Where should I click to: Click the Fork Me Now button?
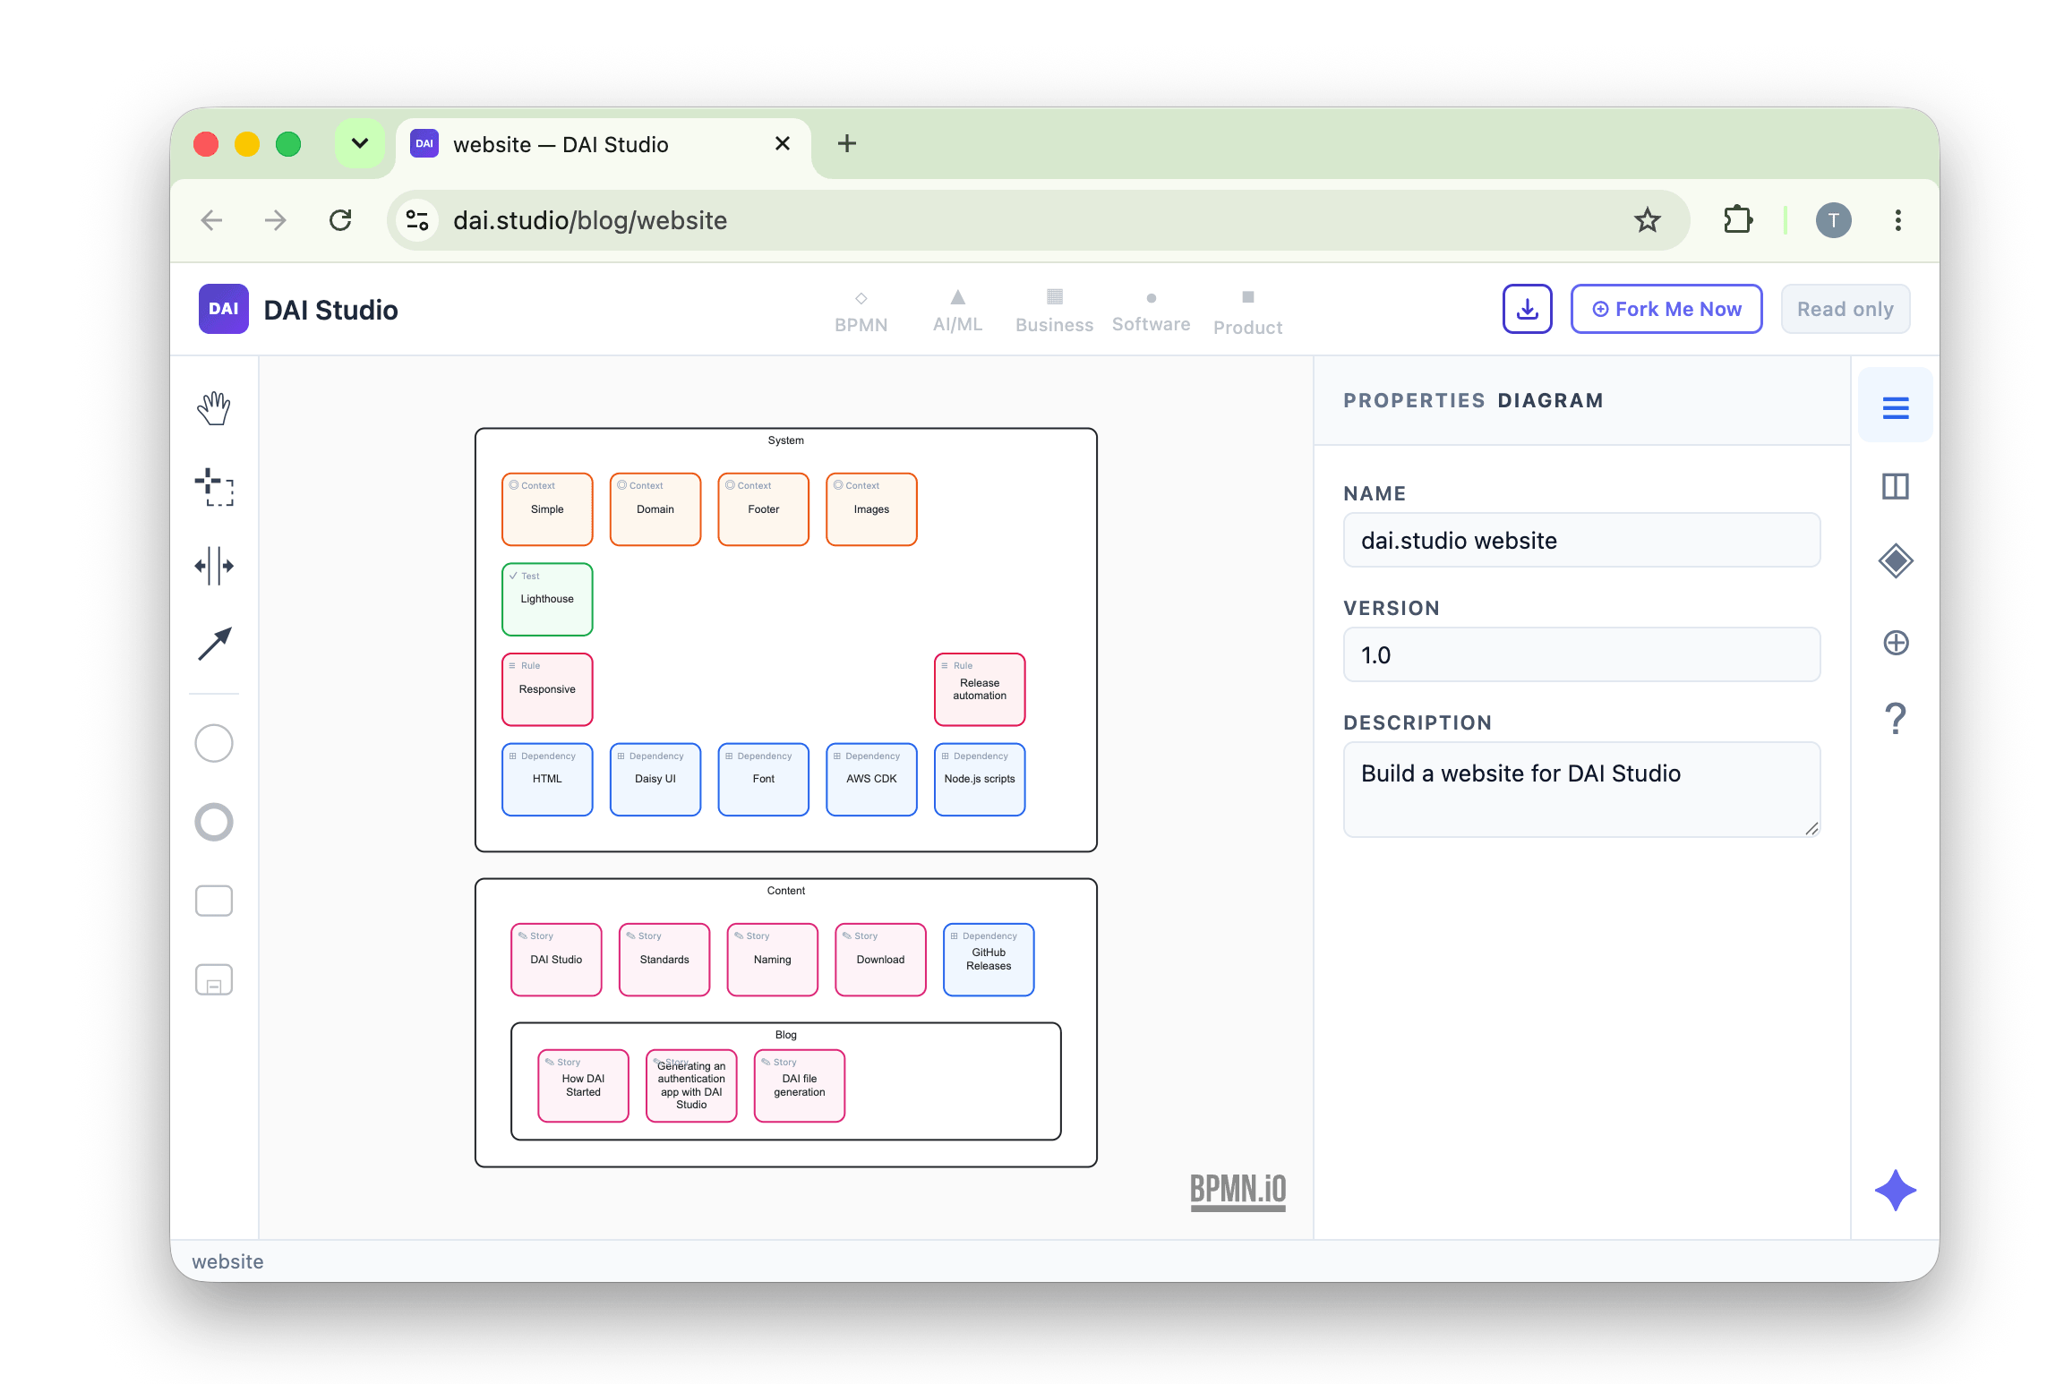point(1666,309)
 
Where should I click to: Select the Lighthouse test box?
point(547,599)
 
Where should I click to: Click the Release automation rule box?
point(980,689)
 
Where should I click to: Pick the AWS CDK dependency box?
point(871,779)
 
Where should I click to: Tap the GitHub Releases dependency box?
point(989,960)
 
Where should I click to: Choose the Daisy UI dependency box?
point(655,779)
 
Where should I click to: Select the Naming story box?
point(773,960)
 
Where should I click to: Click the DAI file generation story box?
point(800,1086)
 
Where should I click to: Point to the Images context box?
point(871,509)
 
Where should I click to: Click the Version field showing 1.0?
point(1581,654)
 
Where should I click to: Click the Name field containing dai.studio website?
point(1581,540)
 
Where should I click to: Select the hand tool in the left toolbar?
point(214,408)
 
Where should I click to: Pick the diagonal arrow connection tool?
point(214,644)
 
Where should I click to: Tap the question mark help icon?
point(1895,719)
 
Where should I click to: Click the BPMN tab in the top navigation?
point(861,312)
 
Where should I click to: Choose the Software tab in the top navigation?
point(1151,312)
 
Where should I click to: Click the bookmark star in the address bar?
point(1647,220)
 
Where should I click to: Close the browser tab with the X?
point(782,143)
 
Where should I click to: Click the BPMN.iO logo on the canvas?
point(1238,1192)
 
